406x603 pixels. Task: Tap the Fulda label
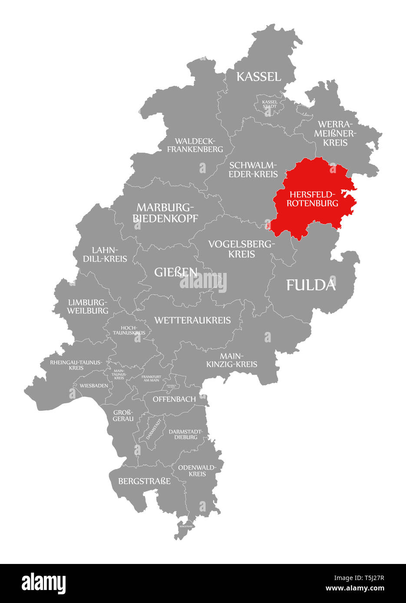[x=311, y=285]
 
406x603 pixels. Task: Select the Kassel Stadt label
[x=269, y=104]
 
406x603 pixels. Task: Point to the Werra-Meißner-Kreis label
[x=335, y=133]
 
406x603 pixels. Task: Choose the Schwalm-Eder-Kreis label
[x=253, y=170]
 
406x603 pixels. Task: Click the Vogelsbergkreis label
[x=241, y=249]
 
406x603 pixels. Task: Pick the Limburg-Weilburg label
[x=88, y=306]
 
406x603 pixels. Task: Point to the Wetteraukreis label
[x=192, y=321]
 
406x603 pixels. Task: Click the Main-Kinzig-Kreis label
[x=232, y=360]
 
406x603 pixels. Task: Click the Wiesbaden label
[x=94, y=385]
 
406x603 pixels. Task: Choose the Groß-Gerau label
[x=123, y=416]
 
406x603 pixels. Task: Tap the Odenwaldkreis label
[x=197, y=471]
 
